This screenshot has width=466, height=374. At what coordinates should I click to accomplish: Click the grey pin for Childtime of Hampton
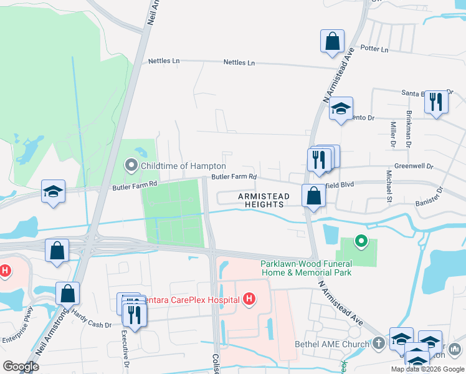coord(131,166)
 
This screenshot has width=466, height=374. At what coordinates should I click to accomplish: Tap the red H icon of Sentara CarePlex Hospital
coord(249,300)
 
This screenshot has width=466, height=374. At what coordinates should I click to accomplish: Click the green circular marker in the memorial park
coord(359,241)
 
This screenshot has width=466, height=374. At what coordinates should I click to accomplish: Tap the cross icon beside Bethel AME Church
coord(379,343)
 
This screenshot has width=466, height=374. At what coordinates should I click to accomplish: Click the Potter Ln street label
coord(374,49)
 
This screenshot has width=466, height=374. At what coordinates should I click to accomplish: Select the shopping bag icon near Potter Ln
coord(333,42)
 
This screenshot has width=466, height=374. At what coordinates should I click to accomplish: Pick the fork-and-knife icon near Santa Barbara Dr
coord(435,102)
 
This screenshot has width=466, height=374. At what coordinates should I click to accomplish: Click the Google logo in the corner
coord(21,367)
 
